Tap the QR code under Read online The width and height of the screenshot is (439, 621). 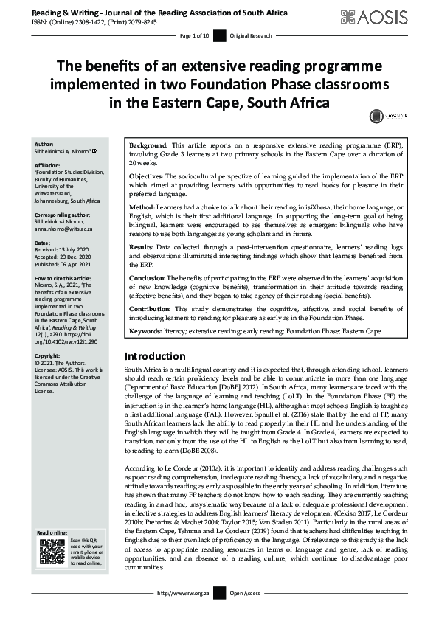pyautogui.click(x=49, y=552)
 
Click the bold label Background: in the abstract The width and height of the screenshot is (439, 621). pyautogui.click(x=150, y=146)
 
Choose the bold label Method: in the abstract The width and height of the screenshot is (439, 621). pyautogui.click(x=143, y=209)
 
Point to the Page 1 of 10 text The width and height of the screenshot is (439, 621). pyautogui.click(x=195, y=35)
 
